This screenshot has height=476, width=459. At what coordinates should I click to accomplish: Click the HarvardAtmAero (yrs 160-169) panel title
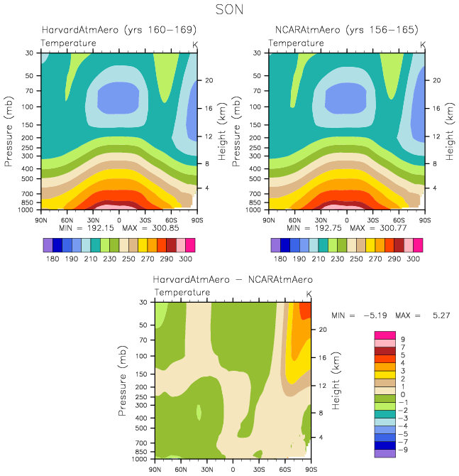[x=118, y=30]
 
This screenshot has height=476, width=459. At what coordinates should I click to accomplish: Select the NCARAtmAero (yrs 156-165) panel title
[x=346, y=30]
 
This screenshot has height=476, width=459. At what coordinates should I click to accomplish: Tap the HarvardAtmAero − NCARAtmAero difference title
[x=233, y=279]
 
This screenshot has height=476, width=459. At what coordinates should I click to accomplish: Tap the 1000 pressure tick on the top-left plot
[x=28, y=210]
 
